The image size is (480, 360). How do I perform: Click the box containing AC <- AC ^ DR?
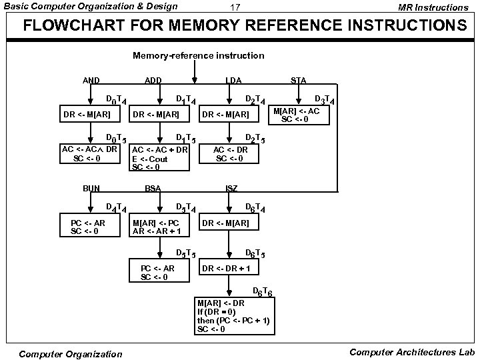pos(90,154)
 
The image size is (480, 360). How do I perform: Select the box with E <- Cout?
pos(159,157)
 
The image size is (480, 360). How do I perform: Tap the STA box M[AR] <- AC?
pos(299,115)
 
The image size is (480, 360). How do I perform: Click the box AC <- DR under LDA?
pos(229,154)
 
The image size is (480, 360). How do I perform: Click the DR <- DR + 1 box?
pos(229,267)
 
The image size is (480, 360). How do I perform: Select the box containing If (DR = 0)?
pos(235,316)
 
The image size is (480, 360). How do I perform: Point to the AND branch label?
pos(91,81)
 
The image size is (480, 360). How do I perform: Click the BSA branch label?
pos(153,188)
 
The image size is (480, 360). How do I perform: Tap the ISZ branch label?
pos(232,188)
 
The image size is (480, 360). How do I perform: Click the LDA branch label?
pos(233,81)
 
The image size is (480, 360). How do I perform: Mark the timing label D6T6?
pos(263,292)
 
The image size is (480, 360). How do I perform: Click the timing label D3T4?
pos(325,100)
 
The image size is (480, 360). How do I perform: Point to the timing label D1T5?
pos(186,139)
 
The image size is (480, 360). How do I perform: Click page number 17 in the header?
pos(235,7)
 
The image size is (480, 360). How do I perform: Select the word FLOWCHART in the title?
pos(74,25)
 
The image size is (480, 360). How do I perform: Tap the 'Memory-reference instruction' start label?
pos(199,56)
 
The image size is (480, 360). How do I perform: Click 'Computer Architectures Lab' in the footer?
pos(412,353)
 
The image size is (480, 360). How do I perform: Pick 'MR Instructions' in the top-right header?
pos(433,7)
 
